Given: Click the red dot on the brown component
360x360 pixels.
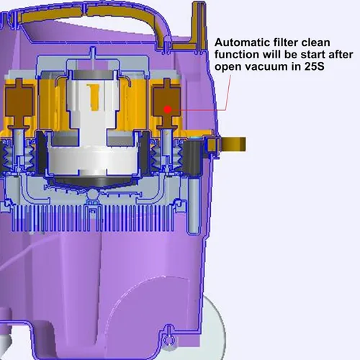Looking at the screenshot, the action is [x=168, y=109].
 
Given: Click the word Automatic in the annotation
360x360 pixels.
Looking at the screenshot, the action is [x=242, y=42].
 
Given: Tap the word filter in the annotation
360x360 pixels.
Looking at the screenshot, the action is [x=286, y=42].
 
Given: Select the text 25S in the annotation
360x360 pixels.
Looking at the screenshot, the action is [x=315, y=66].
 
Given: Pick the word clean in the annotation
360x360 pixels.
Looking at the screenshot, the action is [x=316, y=42].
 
